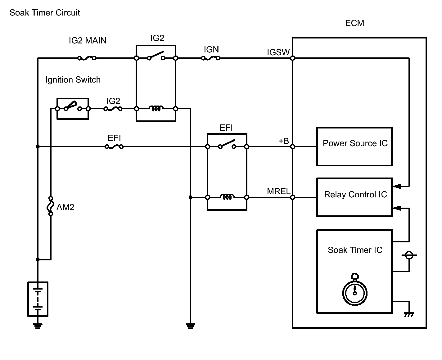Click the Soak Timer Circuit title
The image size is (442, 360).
point(45,13)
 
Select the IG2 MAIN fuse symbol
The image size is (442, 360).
point(87,58)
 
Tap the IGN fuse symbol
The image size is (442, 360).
point(211,58)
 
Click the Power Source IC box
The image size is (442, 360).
point(354,146)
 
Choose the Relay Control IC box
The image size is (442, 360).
point(354,197)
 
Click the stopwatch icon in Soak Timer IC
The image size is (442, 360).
point(355,290)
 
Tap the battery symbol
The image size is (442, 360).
point(38,299)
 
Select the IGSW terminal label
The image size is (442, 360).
point(278,52)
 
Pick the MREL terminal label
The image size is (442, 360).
point(278,191)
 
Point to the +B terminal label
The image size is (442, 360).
point(283,141)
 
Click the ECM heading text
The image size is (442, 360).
point(354,23)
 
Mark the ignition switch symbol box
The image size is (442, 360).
point(73,109)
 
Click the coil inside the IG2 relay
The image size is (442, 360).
point(156,109)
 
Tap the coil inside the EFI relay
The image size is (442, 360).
point(227,197)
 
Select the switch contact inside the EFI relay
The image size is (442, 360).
point(227,145)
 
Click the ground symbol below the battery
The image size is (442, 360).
point(38,325)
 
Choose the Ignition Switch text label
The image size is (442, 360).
point(73,80)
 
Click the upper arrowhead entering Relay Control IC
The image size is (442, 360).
point(397,187)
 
